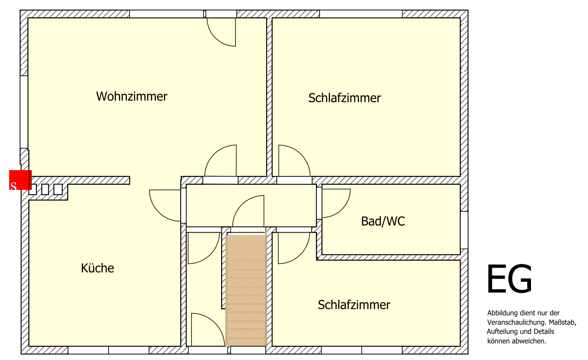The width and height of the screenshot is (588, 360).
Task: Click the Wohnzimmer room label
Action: pyautogui.click(x=132, y=97)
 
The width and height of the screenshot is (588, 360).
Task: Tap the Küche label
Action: pyautogui.click(x=97, y=268)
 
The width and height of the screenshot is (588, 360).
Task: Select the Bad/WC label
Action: pyautogui.click(x=383, y=221)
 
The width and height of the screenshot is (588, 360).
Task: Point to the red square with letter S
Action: pyautogui.click(x=21, y=180)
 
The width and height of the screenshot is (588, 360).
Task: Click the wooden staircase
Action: pyautogui.click(x=246, y=291)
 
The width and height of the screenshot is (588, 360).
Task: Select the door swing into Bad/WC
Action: pyautogui.click(x=336, y=203)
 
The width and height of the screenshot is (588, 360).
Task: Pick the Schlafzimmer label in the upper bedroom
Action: pyautogui.click(x=344, y=98)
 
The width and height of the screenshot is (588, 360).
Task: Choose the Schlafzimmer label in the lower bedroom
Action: pyautogui.click(x=354, y=305)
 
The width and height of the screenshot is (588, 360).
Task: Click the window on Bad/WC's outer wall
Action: pyautogui.click(x=464, y=230)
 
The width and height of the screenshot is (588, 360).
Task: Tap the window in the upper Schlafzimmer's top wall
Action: pyautogui.click(x=361, y=14)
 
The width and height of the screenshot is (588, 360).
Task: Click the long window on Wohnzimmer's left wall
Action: pyautogui.click(x=24, y=112)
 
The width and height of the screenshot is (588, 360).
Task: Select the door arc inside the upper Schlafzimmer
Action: pyautogui.click(x=295, y=160)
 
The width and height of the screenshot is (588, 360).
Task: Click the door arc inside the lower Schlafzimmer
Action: pyautogui.click(x=294, y=248)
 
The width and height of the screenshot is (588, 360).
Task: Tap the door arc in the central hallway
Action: pyautogui.click(x=248, y=211)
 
